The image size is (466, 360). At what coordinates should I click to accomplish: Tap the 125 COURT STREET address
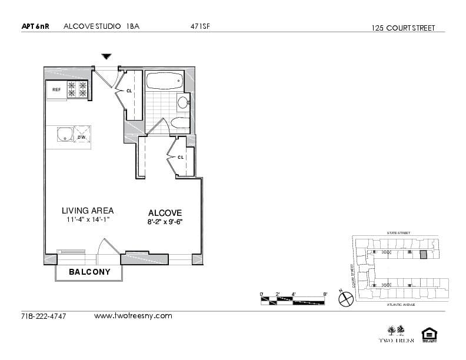(403, 28)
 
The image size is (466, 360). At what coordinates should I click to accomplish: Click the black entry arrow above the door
(106, 56)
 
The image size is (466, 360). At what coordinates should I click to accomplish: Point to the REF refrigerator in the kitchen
(56, 90)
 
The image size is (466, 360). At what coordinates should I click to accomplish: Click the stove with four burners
(78, 89)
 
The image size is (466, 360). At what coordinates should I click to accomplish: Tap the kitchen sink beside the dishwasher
(64, 135)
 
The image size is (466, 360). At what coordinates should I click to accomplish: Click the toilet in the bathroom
(179, 124)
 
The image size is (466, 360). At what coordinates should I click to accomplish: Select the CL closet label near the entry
(129, 91)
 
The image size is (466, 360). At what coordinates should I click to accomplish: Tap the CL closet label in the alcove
(181, 157)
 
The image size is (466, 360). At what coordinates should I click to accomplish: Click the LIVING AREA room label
(88, 211)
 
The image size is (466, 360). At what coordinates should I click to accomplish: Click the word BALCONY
(89, 272)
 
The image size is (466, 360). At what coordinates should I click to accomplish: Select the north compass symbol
(345, 299)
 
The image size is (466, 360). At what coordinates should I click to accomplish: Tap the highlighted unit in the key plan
(422, 255)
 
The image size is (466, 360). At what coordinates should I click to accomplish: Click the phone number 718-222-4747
(44, 316)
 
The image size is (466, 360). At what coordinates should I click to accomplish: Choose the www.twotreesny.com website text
(133, 316)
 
